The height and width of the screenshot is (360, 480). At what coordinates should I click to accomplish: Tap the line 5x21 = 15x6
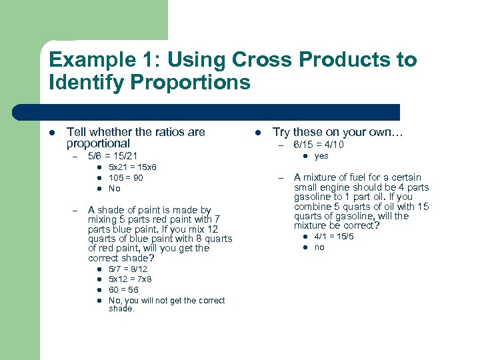tap(132, 167)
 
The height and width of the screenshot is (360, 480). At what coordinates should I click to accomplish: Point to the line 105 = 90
tap(125, 178)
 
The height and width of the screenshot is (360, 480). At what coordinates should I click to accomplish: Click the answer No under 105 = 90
tap(114, 189)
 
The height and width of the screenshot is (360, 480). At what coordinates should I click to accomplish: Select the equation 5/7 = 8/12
tap(129, 269)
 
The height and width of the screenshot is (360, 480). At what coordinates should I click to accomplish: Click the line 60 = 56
tap(125, 291)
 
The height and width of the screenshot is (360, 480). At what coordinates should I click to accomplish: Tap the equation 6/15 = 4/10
tap(319, 145)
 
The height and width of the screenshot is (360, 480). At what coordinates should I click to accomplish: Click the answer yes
tap(321, 156)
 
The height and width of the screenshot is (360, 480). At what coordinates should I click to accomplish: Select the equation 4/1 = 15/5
tap(334, 237)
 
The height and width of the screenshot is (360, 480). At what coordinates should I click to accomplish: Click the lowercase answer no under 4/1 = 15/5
tap(319, 247)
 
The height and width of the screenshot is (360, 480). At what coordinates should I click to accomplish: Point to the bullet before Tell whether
tap(52, 133)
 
